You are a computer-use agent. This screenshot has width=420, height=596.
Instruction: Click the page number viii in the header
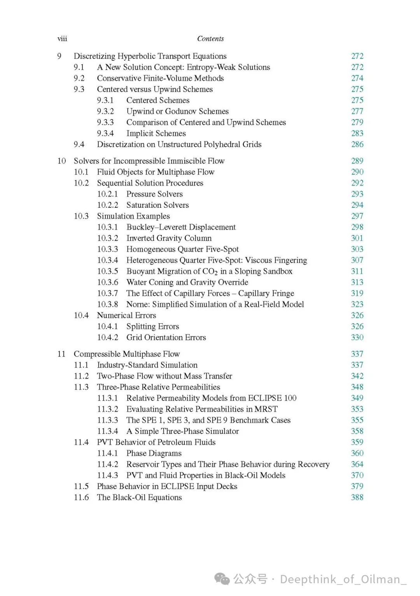[x=62, y=39]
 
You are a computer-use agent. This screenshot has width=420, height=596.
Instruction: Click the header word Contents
[x=210, y=39]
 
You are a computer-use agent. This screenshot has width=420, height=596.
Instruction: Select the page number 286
[x=357, y=144]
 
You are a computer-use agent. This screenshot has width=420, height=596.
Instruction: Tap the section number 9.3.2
[x=105, y=111]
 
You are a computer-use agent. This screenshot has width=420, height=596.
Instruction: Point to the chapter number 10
[x=61, y=161]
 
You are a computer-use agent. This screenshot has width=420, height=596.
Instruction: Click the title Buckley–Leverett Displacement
[x=181, y=227]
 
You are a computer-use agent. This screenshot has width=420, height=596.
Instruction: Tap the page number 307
[x=357, y=260]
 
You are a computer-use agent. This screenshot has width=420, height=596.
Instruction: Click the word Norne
[x=138, y=305]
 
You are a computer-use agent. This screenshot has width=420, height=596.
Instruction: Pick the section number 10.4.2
[x=107, y=338]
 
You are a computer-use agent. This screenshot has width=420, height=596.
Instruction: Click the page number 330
[x=357, y=338]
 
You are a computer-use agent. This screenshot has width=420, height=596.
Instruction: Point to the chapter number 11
[x=61, y=354]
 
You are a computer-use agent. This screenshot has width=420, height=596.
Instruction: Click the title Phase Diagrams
[x=154, y=453]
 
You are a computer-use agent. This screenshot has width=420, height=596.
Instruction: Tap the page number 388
[x=357, y=498]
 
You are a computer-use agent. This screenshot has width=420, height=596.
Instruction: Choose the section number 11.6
[x=81, y=498]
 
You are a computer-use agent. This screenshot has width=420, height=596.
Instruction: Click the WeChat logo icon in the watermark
[x=222, y=579]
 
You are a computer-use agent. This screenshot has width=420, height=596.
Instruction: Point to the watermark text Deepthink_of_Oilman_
[x=343, y=579]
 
